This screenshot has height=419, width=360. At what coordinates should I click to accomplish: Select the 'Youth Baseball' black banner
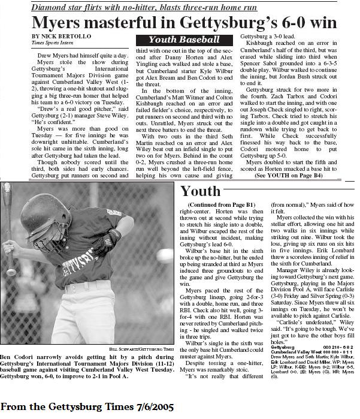pos(183,40)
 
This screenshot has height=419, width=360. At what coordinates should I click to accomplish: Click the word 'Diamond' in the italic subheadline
pos(53,7)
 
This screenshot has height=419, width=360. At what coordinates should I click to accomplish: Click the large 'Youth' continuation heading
pos(200,192)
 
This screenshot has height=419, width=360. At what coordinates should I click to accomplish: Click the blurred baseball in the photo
pos(164,256)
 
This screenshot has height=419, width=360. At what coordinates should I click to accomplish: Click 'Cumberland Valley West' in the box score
pos(296,351)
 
